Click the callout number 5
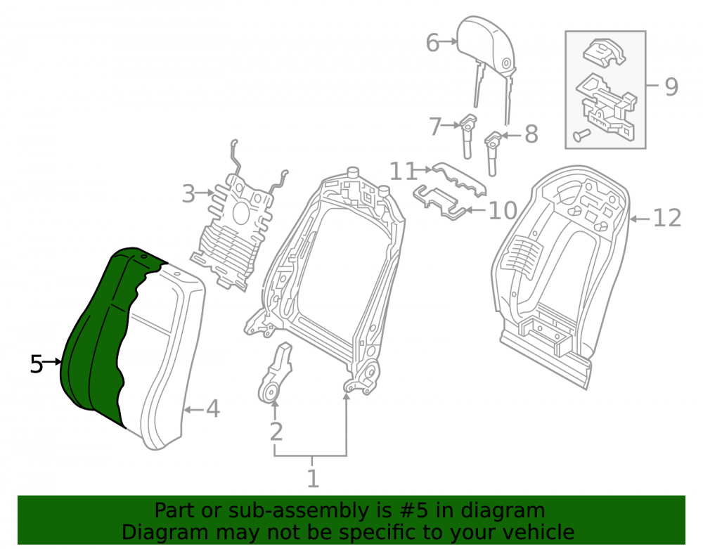[37, 364]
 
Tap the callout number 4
[213, 408]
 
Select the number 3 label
[188, 193]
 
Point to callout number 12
[667, 218]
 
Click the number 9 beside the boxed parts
[671, 86]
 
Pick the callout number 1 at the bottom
[313, 478]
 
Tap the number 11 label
[403, 172]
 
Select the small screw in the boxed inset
[581, 134]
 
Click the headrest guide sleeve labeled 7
[467, 136]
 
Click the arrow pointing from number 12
[640, 219]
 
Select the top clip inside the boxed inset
[604, 53]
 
